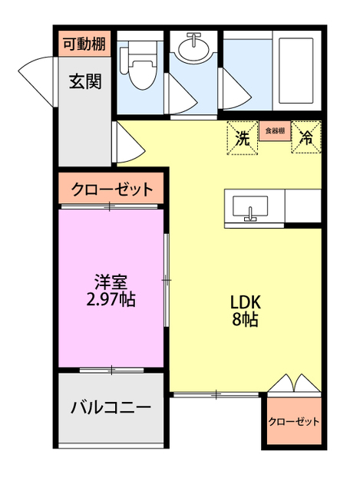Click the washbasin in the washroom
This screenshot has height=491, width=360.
[x=195, y=49]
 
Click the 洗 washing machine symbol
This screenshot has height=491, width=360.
[x=243, y=138]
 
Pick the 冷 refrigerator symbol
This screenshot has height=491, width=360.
[x=306, y=138]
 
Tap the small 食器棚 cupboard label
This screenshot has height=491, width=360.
[x=275, y=131]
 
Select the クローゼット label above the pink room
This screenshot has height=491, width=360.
[x=112, y=189]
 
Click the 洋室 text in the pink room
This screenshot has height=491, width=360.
[x=111, y=281]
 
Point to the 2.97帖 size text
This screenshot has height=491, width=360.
[x=111, y=299]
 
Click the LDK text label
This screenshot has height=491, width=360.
[x=245, y=301]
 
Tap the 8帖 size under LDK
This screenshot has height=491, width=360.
[x=245, y=319]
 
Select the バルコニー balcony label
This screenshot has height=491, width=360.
[x=111, y=407]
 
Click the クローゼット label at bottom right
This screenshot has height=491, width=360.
[x=294, y=421]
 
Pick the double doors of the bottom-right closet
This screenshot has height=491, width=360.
[x=294, y=384]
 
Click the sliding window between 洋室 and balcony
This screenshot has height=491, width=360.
[x=111, y=371]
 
